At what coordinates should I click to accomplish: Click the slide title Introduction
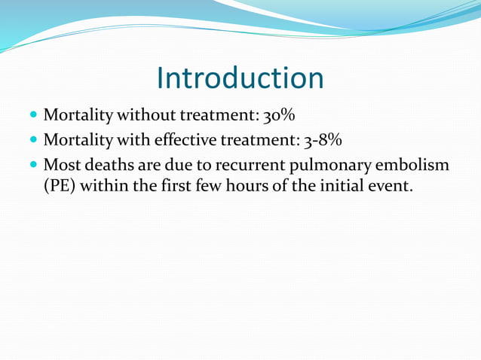[240, 78]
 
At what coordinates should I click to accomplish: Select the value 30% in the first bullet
[279, 117]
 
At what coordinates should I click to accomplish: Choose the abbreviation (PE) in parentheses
[57, 185]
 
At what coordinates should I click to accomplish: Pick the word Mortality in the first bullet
[78, 117]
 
